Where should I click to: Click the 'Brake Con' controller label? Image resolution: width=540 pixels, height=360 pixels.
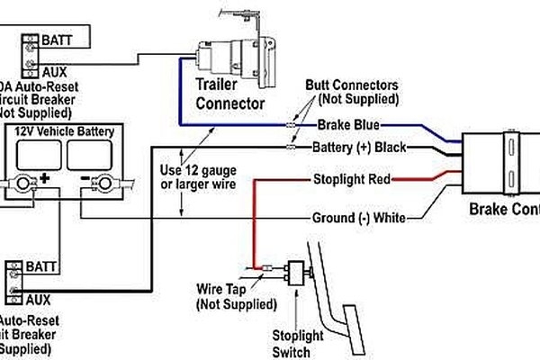504,210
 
